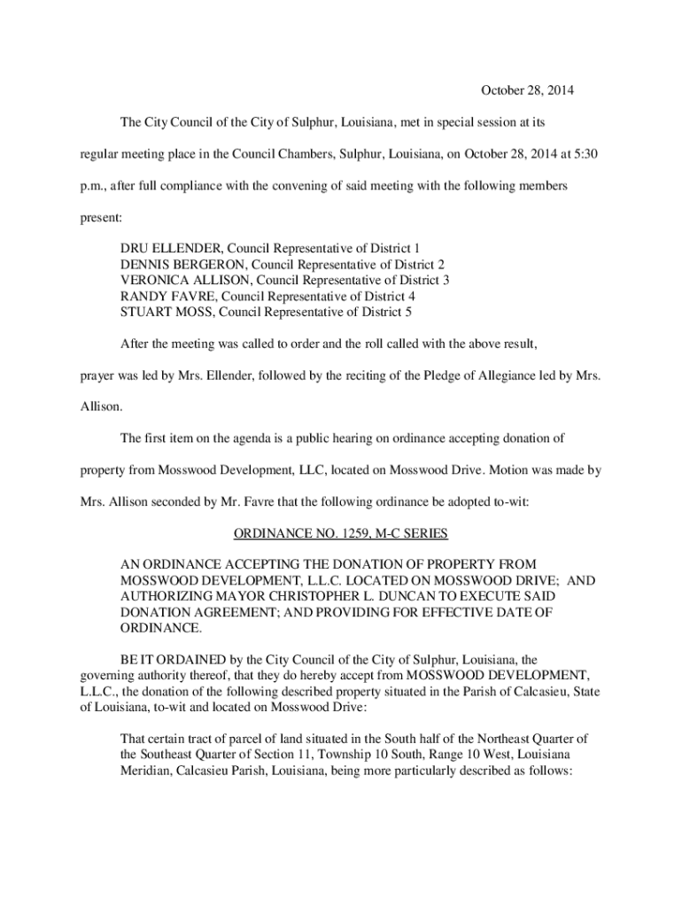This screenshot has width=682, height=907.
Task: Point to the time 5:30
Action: pos(585,154)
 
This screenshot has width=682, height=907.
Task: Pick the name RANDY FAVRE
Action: pos(167,296)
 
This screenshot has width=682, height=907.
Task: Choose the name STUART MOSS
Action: pos(167,312)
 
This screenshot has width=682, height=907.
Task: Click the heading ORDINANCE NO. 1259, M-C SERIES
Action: pos(340,534)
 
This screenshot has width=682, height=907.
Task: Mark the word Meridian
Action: pos(147,771)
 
